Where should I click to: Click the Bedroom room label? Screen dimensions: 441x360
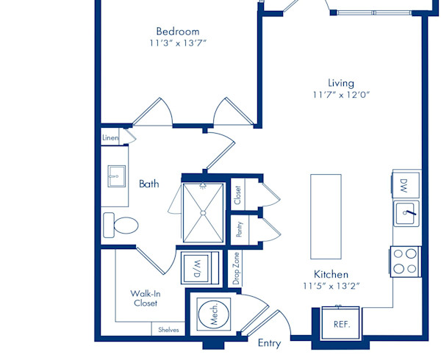click(x=178, y=31)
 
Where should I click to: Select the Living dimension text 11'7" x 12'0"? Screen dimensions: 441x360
click(x=341, y=95)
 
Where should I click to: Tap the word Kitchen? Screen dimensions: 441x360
click(x=331, y=274)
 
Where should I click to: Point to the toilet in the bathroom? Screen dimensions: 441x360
click(x=121, y=225)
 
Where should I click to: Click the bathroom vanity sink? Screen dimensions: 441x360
click(x=116, y=176)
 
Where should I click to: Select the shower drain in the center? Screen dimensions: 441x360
click(x=203, y=213)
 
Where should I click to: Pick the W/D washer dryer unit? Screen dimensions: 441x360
click(x=200, y=268)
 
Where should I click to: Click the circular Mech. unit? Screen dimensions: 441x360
click(x=213, y=314)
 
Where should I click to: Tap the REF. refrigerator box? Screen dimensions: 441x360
click(x=341, y=323)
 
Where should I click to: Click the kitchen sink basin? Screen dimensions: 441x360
click(x=406, y=213)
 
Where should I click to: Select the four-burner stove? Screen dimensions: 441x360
click(x=405, y=262)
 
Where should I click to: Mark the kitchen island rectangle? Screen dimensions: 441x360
click(x=326, y=217)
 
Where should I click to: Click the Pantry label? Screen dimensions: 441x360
click(x=240, y=229)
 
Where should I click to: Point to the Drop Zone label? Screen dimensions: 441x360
click(x=236, y=268)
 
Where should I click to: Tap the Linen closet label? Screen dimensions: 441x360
click(x=110, y=137)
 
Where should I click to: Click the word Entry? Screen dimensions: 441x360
click(x=270, y=343)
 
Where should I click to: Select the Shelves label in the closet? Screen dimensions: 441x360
click(x=168, y=330)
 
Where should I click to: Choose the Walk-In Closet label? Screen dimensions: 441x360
click(x=146, y=298)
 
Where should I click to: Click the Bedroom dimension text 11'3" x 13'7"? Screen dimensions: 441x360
click(x=178, y=43)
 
